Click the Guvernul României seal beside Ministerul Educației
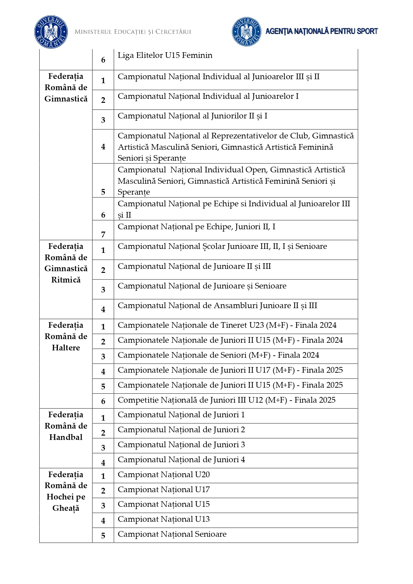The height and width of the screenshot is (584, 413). [51, 32]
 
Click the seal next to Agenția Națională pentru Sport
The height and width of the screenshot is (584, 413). [246, 32]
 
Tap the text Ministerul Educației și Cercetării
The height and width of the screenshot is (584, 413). [133, 32]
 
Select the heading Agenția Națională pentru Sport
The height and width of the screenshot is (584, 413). [321, 31]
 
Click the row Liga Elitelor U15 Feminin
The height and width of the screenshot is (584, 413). [165, 56]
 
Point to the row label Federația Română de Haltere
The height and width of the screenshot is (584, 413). [66, 336]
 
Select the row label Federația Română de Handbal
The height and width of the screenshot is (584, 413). [66, 426]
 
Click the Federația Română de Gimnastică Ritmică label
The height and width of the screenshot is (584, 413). [66, 263]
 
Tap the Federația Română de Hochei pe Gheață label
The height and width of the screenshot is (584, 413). [66, 491]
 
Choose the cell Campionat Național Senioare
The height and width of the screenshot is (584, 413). [172, 534]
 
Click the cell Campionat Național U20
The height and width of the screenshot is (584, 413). [164, 475]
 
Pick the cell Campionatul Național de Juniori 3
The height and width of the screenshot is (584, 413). [181, 445]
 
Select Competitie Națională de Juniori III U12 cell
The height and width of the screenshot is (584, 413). [227, 400]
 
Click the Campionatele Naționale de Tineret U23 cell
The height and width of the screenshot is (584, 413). [227, 325]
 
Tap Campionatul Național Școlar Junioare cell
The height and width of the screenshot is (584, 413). [222, 246]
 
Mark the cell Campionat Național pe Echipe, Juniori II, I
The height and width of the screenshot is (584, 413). [196, 227]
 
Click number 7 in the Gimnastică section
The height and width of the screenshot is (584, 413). [103, 235]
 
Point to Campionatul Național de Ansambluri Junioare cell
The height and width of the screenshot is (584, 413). [217, 305]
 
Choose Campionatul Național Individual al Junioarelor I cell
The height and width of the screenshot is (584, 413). [208, 97]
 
